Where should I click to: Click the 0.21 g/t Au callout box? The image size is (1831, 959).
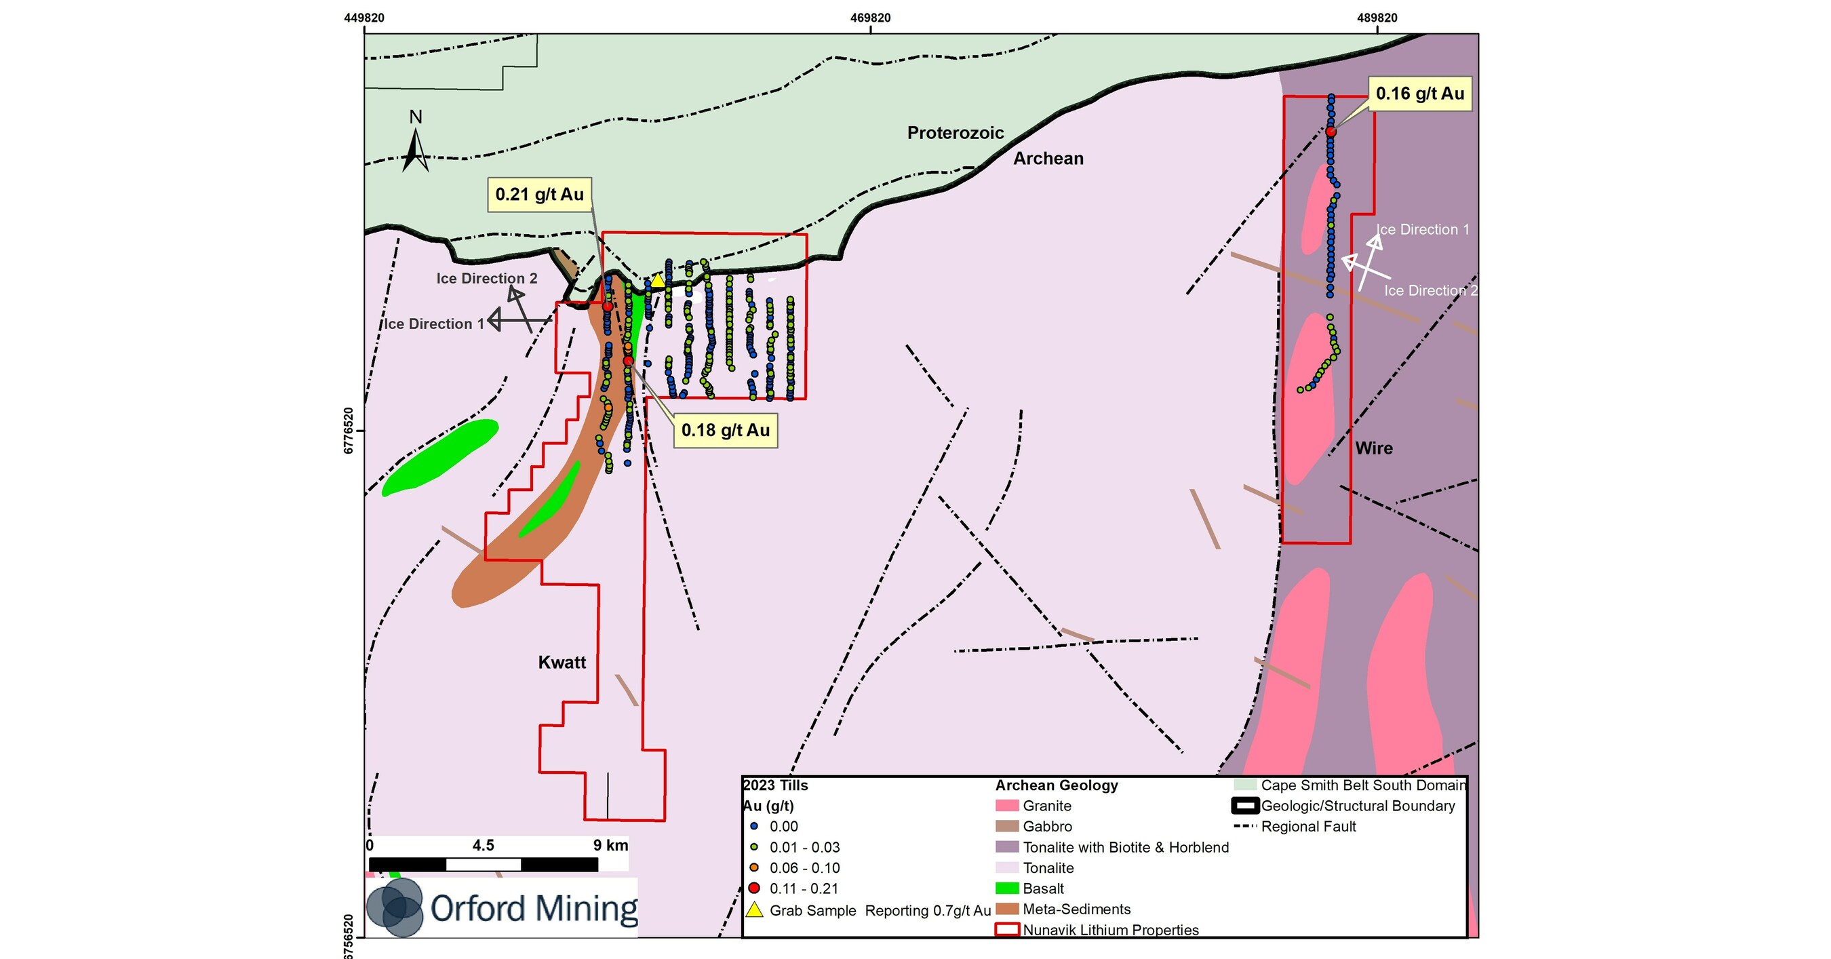(x=540, y=195)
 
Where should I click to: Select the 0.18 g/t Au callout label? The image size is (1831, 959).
(x=726, y=430)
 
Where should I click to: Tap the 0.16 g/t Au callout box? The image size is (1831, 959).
(x=1420, y=94)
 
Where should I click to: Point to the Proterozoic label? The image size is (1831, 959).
(x=956, y=133)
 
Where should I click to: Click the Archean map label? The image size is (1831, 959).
(x=1048, y=159)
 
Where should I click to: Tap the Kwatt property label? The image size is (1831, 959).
(x=562, y=663)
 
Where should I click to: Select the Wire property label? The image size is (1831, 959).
(x=1373, y=448)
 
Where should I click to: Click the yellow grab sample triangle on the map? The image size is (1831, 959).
(x=658, y=281)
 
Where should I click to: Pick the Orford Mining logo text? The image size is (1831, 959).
(x=534, y=909)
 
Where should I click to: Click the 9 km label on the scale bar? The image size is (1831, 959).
(x=610, y=845)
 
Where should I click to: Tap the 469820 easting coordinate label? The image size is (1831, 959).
(x=870, y=18)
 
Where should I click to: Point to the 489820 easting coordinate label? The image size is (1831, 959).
(x=1377, y=18)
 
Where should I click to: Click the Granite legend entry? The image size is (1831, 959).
(x=1046, y=806)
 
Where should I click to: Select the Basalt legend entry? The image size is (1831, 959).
(x=1043, y=888)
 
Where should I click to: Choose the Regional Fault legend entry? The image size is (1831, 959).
(x=1308, y=827)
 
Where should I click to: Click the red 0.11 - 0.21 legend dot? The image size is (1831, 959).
(x=754, y=888)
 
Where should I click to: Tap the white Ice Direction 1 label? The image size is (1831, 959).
(x=1422, y=230)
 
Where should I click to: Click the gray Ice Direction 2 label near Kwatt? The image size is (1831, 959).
(x=486, y=279)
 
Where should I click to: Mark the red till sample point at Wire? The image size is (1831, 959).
(x=1331, y=132)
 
